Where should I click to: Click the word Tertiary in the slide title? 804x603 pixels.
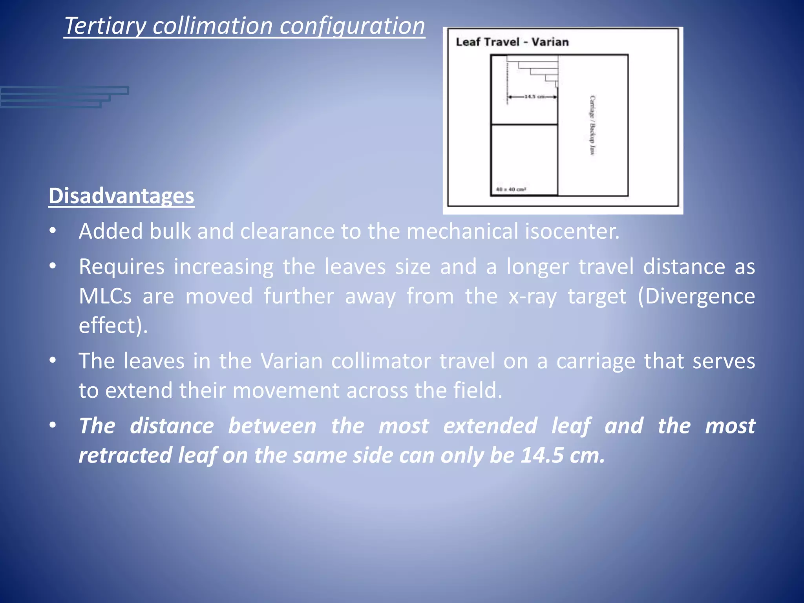pos(105,26)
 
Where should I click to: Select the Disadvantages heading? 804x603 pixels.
pos(121,196)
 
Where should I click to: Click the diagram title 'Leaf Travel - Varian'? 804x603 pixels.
pos(512,42)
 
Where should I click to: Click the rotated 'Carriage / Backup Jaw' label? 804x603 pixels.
pos(592,125)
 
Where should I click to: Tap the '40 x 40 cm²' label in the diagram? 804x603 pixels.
pos(511,190)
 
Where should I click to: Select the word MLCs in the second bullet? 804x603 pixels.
pos(105,296)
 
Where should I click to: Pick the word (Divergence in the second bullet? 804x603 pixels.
pos(696,296)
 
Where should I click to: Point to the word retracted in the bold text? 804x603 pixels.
pos(125,455)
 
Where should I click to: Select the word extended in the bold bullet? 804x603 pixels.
pos(490,426)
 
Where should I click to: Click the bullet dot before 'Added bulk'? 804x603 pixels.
pos(53,231)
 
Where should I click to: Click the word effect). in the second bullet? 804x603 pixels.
pos(113,325)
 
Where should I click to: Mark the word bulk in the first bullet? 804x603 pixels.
pos(170,231)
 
